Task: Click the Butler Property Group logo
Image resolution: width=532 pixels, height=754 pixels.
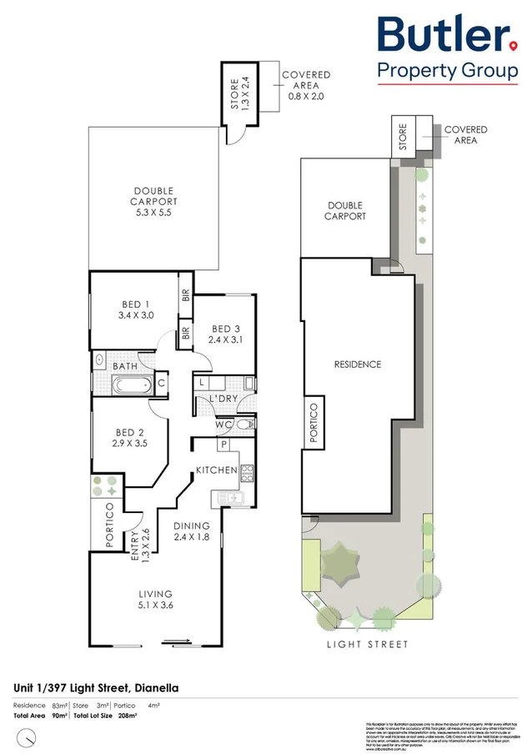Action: [x=447, y=48]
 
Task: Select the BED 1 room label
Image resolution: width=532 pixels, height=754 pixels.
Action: [x=134, y=309]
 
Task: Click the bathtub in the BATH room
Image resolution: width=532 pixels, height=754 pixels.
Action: [x=131, y=385]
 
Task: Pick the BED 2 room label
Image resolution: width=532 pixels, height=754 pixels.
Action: [x=131, y=438]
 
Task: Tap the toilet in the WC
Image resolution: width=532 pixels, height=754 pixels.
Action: [x=243, y=425]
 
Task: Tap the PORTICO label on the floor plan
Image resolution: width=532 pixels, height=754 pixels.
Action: [x=109, y=525]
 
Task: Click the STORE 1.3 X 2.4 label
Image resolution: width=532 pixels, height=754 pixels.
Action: [x=240, y=94]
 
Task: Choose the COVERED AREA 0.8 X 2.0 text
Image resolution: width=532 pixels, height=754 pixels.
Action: [x=306, y=86]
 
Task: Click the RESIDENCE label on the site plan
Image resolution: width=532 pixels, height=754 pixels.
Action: [x=358, y=364]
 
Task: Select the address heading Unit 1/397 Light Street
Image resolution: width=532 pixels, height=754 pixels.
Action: [x=96, y=688]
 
